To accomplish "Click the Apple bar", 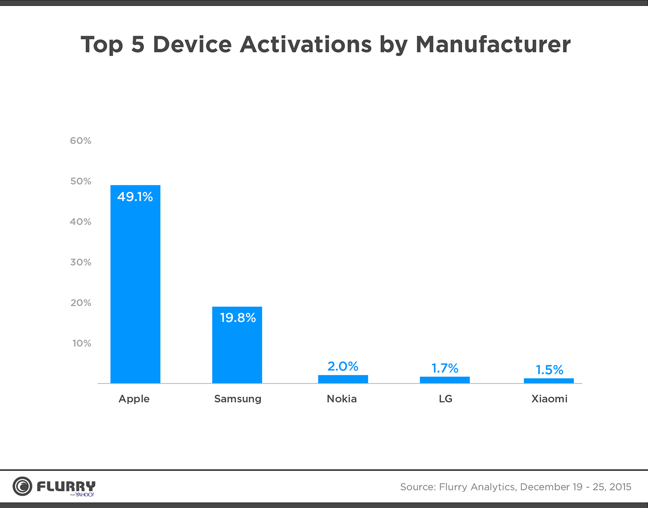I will pyautogui.click(x=135, y=284).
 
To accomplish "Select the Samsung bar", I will pyautogui.click(x=237, y=345).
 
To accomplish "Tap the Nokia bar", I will pyautogui.click(x=343, y=379).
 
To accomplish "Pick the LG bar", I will pyautogui.click(x=445, y=380).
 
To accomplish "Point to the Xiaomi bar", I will pyautogui.click(x=548, y=381).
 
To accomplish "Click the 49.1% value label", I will pyautogui.click(x=135, y=197).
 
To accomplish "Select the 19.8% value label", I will pyautogui.click(x=237, y=318).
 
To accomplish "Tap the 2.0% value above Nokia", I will pyautogui.click(x=343, y=366).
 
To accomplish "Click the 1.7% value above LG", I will pyautogui.click(x=445, y=368).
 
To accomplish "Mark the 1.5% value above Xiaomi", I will pyautogui.click(x=549, y=370).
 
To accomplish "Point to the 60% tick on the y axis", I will pyautogui.click(x=81, y=141).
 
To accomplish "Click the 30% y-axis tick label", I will pyautogui.click(x=81, y=262).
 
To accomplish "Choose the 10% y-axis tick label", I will pyautogui.click(x=81, y=343).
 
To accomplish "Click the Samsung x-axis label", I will pyautogui.click(x=237, y=399).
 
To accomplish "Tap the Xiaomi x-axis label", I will pyautogui.click(x=549, y=399).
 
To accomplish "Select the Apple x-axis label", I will pyautogui.click(x=134, y=399).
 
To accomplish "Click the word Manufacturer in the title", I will pyautogui.click(x=493, y=44).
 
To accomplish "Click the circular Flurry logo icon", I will pyautogui.click(x=22, y=486).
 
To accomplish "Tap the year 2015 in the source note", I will pyautogui.click(x=620, y=487).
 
